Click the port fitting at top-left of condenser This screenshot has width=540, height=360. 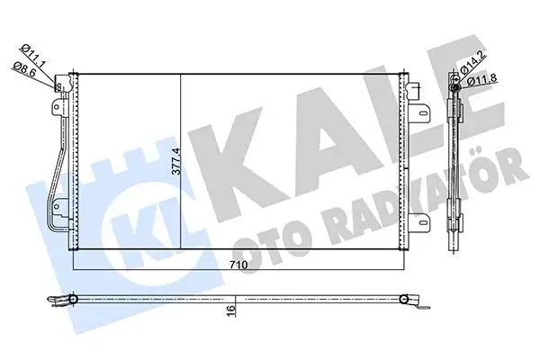click(x=61, y=87)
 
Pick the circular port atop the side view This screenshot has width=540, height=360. click(x=457, y=85)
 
